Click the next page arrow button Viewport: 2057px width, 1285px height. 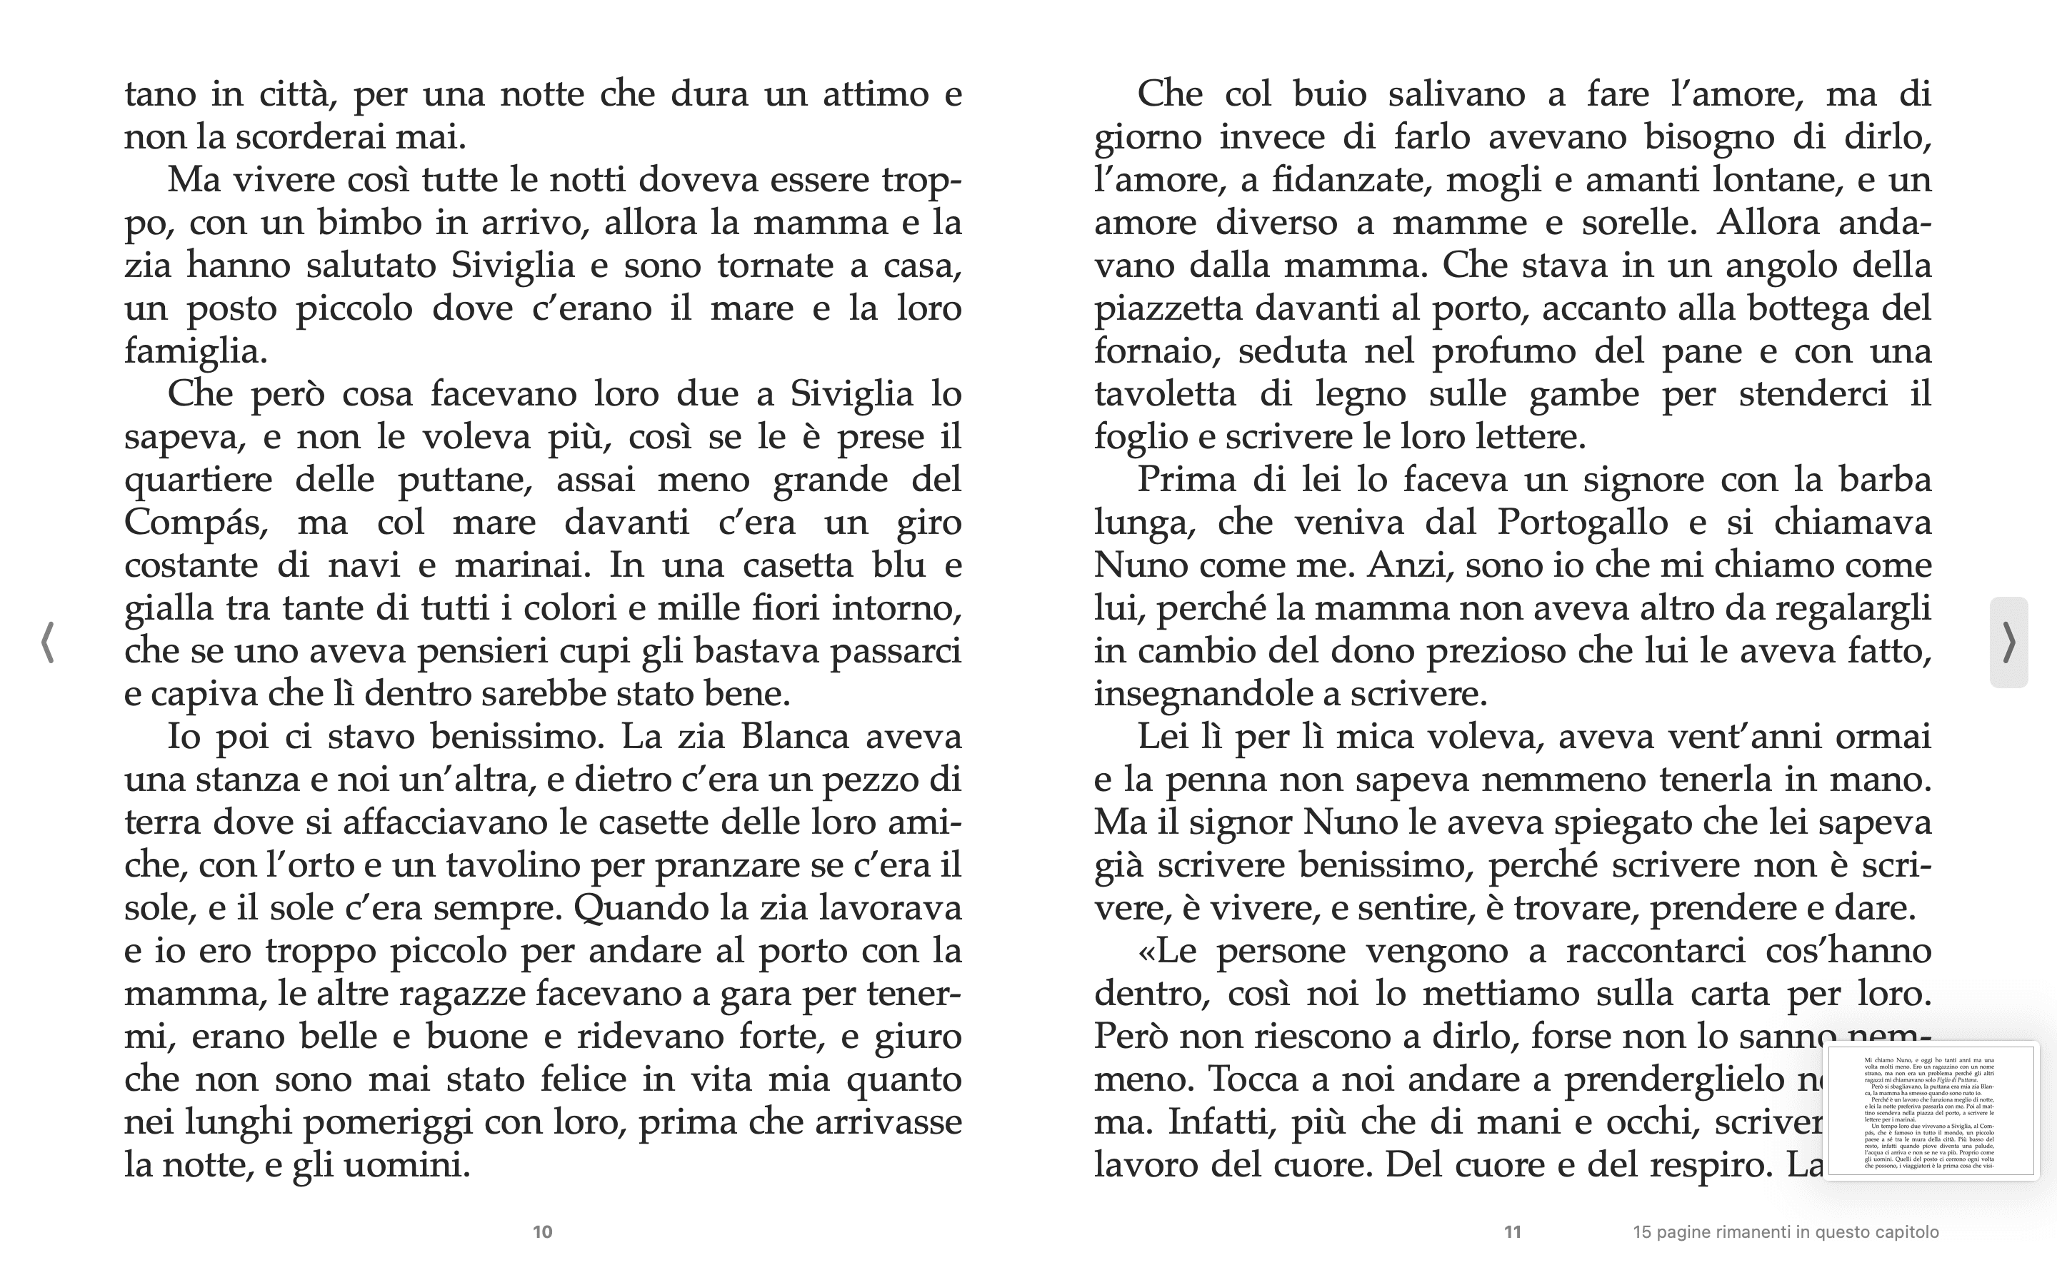[2008, 642]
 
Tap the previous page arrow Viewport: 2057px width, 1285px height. [49, 642]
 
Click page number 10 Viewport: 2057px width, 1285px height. [542, 1231]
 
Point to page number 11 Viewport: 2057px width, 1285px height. [1512, 1231]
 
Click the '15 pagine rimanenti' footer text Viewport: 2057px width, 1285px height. [1786, 1231]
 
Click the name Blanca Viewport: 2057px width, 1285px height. [795, 736]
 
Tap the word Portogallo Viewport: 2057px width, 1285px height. [1582, 522]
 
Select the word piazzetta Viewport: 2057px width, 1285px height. [1164, 308]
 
